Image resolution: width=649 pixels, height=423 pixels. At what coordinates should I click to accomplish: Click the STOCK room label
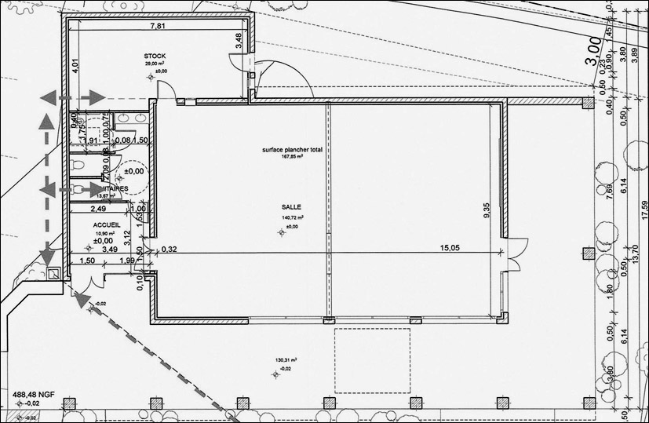coord(155,57)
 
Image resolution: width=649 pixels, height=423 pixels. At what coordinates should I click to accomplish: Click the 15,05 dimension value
coord(450,248)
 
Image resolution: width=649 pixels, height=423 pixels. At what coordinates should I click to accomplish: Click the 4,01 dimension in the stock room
coord(75,67)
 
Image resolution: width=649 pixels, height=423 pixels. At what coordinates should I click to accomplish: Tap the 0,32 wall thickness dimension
coord(169,249)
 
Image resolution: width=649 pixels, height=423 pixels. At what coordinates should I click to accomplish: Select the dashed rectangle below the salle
coord(373,361)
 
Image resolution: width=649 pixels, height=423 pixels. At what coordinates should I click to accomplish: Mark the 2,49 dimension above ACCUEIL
coord(98,209)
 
